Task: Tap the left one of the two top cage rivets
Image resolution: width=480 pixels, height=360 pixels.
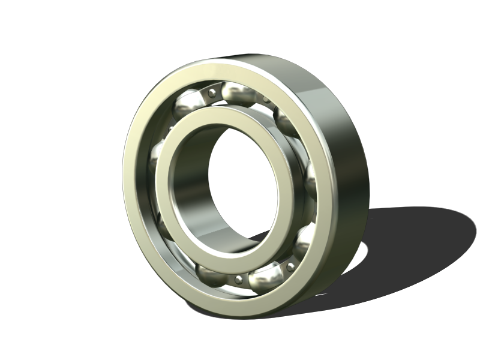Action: click(x=211, y=92)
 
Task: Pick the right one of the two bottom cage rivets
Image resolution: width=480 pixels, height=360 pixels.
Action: click(x=290, y=266)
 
